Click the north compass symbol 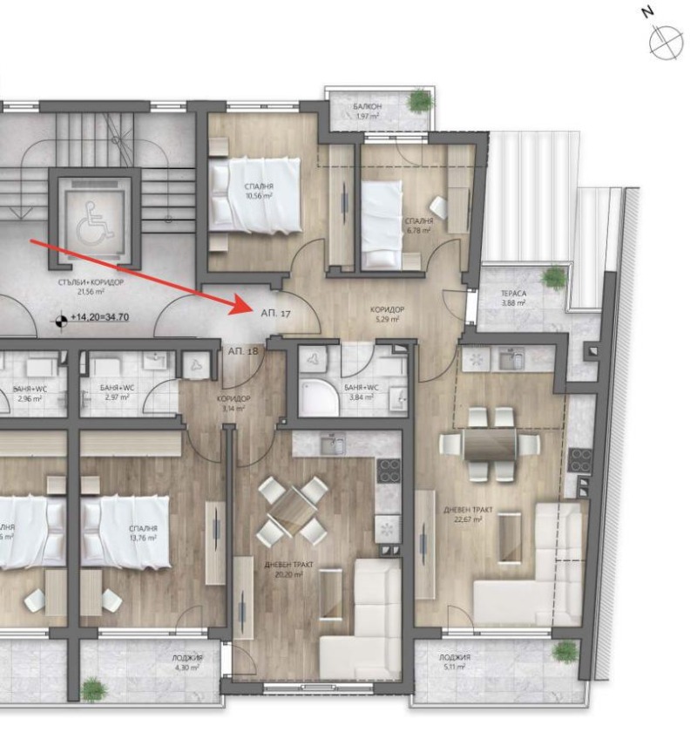(x=666, y=41)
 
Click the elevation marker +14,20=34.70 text (x=99, y=317)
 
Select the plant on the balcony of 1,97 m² (x=420, y=101)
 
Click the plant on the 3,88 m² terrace (x=554, y=277)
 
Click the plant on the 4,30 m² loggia (x=92, y=689)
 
